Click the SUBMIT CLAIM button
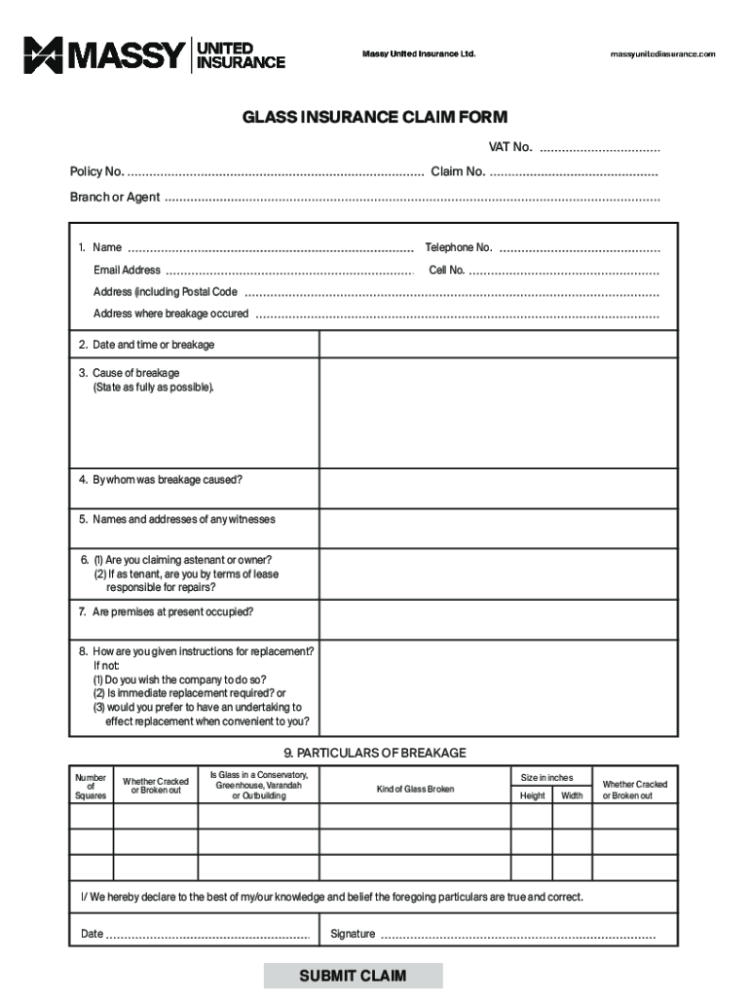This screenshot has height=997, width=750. coord(353,976)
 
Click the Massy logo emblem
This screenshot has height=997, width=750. coord(43,55)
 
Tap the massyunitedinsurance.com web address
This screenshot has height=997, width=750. coord(662,55)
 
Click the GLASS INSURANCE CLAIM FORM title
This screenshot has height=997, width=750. coord(375,118)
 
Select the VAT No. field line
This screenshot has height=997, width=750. coord(599,150)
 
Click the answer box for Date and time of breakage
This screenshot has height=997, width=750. coord(498,345)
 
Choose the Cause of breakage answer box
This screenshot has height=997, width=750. coord(498,413)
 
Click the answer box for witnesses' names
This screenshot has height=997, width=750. coord(498,529)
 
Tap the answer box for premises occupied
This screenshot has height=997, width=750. coord(498,619)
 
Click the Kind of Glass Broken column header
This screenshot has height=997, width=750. coord(415,789)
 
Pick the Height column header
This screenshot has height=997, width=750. coord(533,795)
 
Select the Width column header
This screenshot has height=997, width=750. coord(573,795)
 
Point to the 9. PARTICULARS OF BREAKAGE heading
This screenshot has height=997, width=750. coord(375,753)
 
